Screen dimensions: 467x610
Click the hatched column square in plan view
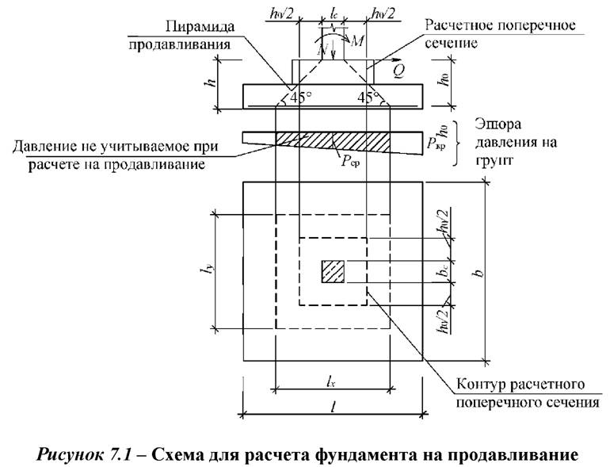(x=333, y=271)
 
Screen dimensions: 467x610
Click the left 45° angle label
(x=297, y=98)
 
